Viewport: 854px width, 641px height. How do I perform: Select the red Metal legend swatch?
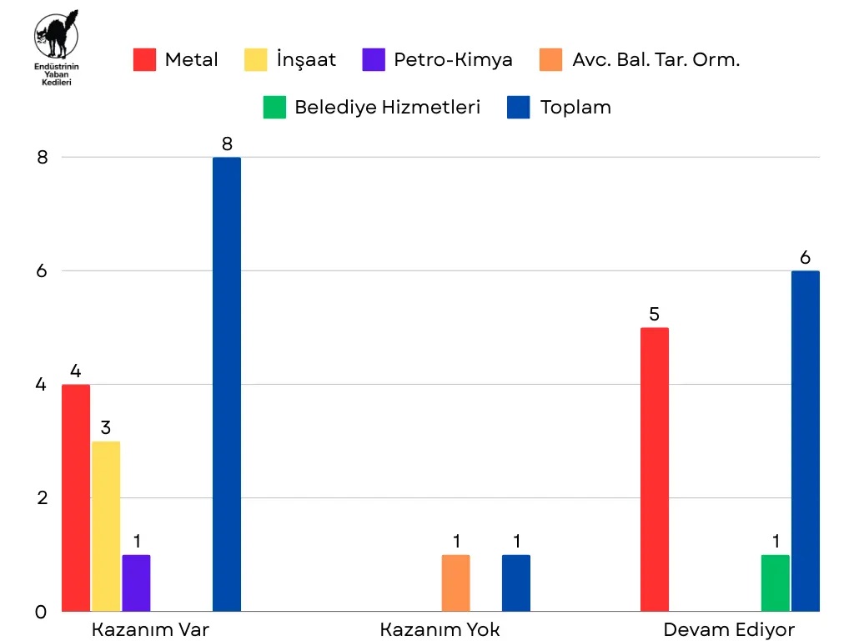tap(145, 59)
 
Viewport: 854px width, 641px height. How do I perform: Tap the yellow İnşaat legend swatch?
tap(254, 59)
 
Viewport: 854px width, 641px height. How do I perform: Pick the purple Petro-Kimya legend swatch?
tap(374, 59)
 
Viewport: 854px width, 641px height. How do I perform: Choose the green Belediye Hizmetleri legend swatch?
tap(274, 107)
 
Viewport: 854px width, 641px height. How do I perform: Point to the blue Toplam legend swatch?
tap(519, 107)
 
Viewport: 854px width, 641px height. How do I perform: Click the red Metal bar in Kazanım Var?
tap(75, 497)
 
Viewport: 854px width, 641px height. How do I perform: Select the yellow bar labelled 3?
tap(106, 526)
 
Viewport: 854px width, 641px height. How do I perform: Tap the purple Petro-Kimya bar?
tap(136, 583)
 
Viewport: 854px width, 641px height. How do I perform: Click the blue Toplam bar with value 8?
tap(227, 384)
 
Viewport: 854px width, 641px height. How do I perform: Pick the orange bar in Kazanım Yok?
tap(455, 583)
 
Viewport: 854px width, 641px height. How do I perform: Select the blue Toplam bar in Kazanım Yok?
tap(516, 583)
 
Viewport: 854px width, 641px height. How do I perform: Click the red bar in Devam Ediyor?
tap(655, 469)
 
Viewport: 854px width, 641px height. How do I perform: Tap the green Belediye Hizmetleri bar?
tap(775, 583)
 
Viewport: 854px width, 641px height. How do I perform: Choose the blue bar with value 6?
tap(806, 441)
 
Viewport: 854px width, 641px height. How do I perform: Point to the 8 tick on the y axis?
tap(43, 158)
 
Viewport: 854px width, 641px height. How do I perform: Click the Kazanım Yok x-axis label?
tap(440, 629)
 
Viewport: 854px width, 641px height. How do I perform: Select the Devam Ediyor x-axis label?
tap(729, 629)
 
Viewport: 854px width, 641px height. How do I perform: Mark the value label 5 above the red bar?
tap(655, 315)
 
